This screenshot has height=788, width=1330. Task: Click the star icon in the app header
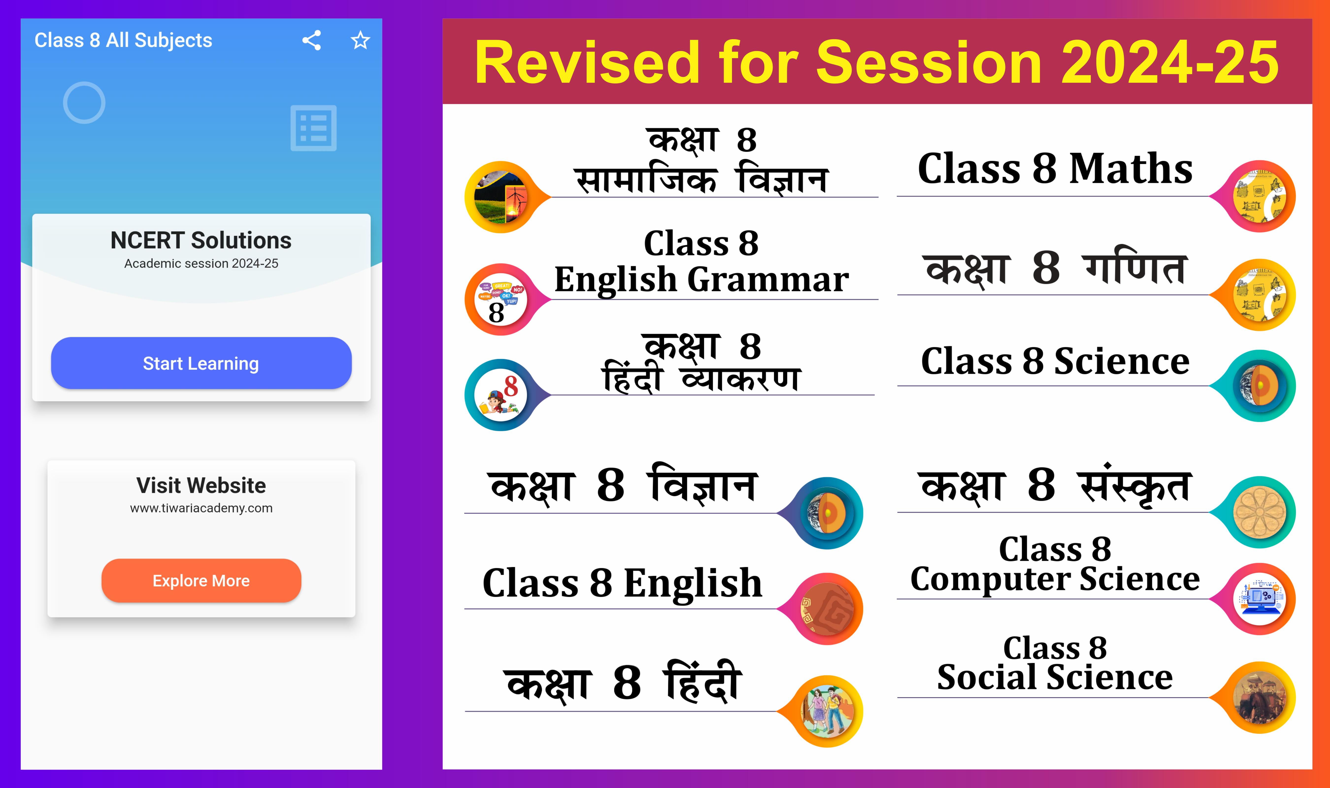coord(361,40)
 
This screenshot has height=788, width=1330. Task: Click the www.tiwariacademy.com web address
coord(201,508)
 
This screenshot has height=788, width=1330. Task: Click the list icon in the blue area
coord(313,128)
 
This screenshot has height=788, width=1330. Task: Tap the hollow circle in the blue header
coord(84,102)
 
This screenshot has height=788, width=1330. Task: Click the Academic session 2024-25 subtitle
coord(201,263)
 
